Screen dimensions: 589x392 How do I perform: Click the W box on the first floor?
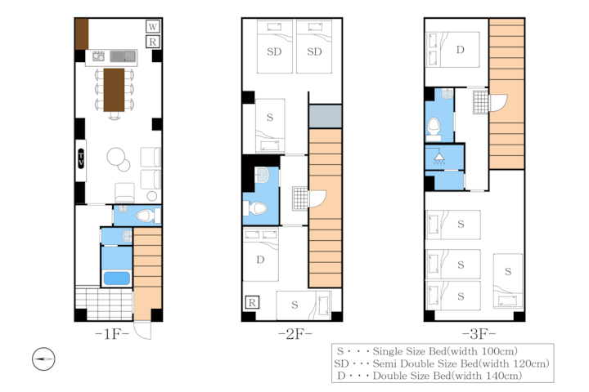pyautogui.click(x=152, y=26)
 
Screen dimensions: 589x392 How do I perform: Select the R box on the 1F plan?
pyautogui.click(x=152, y=42)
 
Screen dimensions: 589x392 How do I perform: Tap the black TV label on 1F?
pyautogui.click(x=81, y=158)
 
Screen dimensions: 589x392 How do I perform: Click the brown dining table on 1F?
pyautogui.click(x=114, y=90)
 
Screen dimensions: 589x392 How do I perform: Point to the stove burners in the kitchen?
pyautogui.click(x=98, y=56)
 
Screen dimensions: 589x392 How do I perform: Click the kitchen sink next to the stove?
pyautogui.click(x=123, y=56)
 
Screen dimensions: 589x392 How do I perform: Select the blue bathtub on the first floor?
pyautogui.click(x=117, y=278)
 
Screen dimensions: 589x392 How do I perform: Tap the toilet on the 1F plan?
pyautogui.click(x=147, y=216)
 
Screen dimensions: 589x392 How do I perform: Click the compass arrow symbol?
pyautogui.click(x=43, y=359)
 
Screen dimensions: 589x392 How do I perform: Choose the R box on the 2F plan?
pyautogui.click(x=252, y=302)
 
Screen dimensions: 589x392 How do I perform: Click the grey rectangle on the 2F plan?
pyautogui.click(x=326, y=116)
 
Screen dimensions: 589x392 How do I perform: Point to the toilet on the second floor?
pyautogui.click(x=255, y=208)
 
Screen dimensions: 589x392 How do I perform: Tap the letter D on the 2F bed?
pyautogui.click(x=260, y=260)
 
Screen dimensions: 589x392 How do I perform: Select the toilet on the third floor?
pyautogui.click(x=434, y=128)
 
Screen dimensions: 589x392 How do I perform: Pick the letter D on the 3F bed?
pyautogui.click(x=460, y=50)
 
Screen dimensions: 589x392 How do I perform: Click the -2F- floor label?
pyautogui.click(x=295, y=333)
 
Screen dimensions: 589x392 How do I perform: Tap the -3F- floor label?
pyautogui.click(x=479, y=333)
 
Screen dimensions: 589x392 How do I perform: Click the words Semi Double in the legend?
pyautogui.click(x=404, y=363)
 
